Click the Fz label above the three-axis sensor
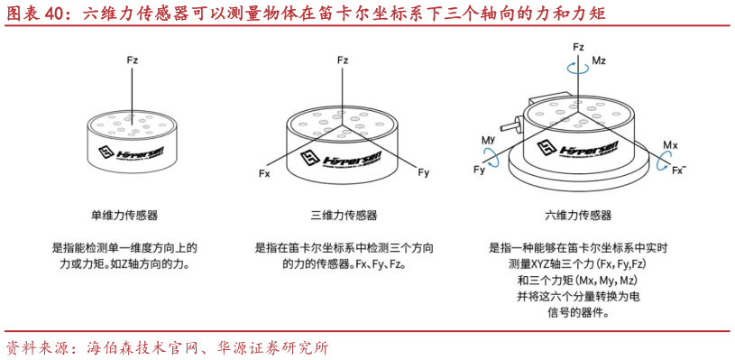pyautogui.click(x=342, y=60)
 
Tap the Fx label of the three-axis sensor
pyautogui.click(x=264, y=172)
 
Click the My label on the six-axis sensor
pyautogui.click(x=488, y=142)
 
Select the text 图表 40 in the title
pyautogui.click(x=33, y=14)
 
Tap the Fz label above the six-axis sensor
pyautogui.click(x=578, y=45)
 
